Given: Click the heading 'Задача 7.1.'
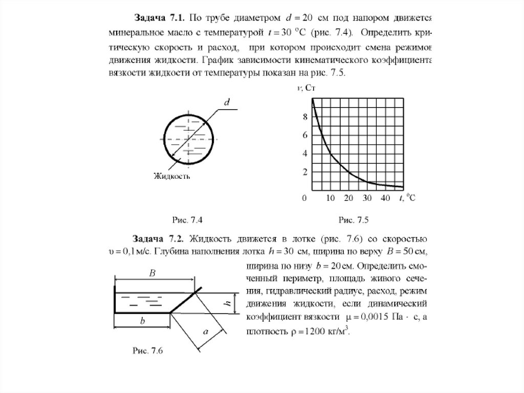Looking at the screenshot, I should tap(159, 18).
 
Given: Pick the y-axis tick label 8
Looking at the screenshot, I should tap(305, 117).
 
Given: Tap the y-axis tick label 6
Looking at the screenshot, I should tap(305, 135).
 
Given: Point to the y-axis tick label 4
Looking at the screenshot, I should tap(305, 154).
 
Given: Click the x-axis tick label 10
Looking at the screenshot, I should tap(330, 198).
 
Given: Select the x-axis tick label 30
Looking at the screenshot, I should tap(366, 198).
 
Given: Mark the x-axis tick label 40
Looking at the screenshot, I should tap(385, 198).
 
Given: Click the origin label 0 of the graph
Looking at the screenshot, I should tap(305, 198).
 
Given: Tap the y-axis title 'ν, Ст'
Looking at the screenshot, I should tap(308, 89).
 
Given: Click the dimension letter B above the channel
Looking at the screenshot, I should tap(152, 274).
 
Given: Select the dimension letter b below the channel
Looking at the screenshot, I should tap(143, 321).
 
